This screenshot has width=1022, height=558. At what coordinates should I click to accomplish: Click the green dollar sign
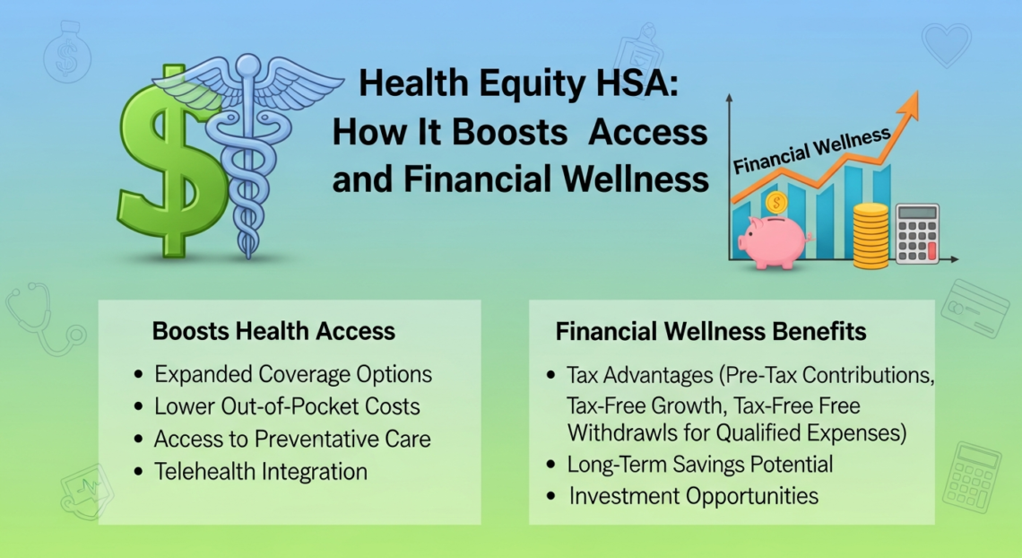point(170,161)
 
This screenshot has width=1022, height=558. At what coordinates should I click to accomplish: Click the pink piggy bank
point(771,240)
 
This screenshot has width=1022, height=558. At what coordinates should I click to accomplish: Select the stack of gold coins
point(870,235)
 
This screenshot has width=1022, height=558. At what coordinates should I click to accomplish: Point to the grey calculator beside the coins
point(917,233)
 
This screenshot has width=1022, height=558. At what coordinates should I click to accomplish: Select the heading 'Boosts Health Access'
point(273,331)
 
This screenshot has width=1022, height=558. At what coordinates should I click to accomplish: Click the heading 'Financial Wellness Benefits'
point(711,331)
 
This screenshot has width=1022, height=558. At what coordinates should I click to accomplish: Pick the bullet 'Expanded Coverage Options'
point(293,374)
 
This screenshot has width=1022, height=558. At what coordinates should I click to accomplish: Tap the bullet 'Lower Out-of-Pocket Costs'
point(287,406)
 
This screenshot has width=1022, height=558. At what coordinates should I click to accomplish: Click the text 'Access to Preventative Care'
point(292,439)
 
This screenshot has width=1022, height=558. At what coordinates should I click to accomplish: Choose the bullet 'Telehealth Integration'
point(261,471)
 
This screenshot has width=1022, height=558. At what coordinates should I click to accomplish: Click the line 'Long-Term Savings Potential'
point(700,465)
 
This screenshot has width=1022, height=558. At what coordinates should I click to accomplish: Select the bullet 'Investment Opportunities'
point(693,495)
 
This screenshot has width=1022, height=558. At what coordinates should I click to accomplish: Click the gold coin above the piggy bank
point(776,203)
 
